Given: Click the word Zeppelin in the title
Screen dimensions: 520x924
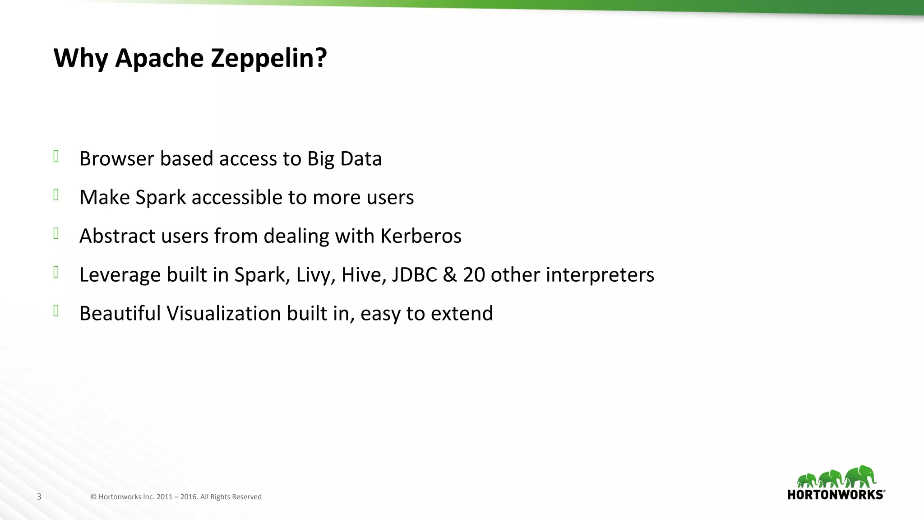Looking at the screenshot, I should tap(268, 58).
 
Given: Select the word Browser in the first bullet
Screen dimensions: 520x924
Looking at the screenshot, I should tap(117, 158).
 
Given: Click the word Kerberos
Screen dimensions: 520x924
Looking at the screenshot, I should tap(421, 236).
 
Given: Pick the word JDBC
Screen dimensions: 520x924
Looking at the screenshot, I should tap(414, 274).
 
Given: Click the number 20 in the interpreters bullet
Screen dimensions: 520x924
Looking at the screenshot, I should tap(474, 274).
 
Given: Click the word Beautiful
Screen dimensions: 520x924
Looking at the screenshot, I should tap(120, 313).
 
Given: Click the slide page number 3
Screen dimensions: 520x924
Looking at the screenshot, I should tap(39, 497).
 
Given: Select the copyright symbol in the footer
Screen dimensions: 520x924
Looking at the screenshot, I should tap(93, 497).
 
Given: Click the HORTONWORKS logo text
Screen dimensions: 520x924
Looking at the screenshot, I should tap(836, 495).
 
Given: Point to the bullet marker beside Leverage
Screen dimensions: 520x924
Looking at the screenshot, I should tap(56, 272).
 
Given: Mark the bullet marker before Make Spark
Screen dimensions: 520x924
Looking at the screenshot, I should tap(56, 195).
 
